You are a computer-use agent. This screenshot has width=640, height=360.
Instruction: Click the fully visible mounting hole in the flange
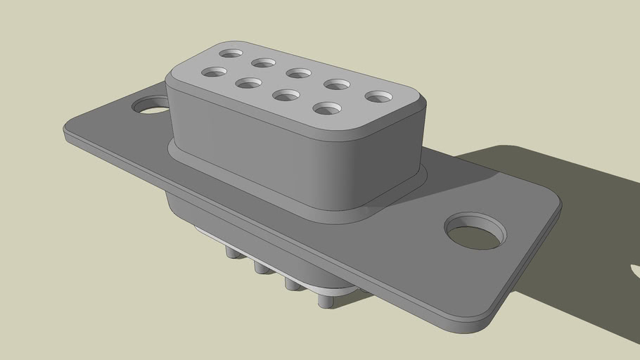click(x=476, y=231)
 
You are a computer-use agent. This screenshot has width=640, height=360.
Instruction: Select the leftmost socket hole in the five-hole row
click(x=231, y=53)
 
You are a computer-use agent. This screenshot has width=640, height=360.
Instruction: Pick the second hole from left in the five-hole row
click(x=263, y=63)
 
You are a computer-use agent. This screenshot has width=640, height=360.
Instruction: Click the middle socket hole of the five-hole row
click(x=299, y=73)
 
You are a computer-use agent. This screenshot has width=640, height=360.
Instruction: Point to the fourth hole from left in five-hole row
click(x=337, y=84)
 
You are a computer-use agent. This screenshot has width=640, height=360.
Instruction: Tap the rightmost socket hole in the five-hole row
click(x=378, y=96)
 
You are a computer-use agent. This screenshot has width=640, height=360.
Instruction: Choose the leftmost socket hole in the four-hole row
click(x=214, y=72)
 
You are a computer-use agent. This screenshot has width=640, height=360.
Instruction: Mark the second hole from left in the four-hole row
click(x=248, y=83)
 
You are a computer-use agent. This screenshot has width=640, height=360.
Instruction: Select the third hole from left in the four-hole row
click(x=285, y=95)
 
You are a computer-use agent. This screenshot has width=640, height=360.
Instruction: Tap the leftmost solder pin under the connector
click(x=231, y=251)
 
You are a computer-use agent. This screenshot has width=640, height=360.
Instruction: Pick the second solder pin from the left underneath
click(x=260, y=266)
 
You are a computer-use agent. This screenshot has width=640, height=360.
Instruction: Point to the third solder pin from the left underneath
click(x=290, y=283)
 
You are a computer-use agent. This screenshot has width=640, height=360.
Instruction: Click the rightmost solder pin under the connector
click(x=324, y=300)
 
